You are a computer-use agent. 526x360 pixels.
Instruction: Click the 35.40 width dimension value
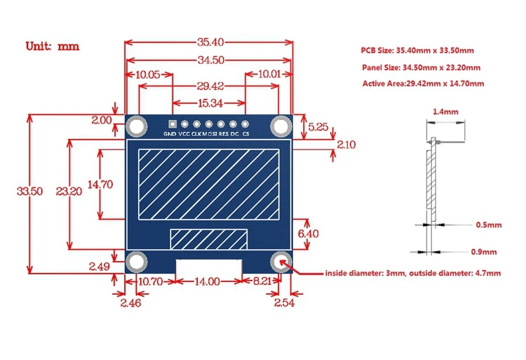click(x=208, y=42)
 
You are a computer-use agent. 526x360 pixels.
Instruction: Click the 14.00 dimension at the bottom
click(x=208, y=281)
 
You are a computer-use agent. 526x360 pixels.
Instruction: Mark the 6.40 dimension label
click(x=309, y=233)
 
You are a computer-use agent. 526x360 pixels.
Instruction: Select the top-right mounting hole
click(x=281, y=126)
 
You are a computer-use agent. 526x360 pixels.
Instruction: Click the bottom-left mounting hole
click(x=136, y=262)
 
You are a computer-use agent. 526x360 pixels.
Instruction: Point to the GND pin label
click(x=170, y=133)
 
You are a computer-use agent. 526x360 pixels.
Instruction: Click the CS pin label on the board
click(x=245, y=133)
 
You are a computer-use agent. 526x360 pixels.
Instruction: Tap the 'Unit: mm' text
click(x=53, y=46)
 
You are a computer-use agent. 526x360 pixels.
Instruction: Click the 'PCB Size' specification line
click(x=418, y=51)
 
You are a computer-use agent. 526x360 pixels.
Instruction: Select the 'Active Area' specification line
click(x=423, y=84)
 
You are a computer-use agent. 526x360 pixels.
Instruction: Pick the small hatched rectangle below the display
click(x=208, y=238)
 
